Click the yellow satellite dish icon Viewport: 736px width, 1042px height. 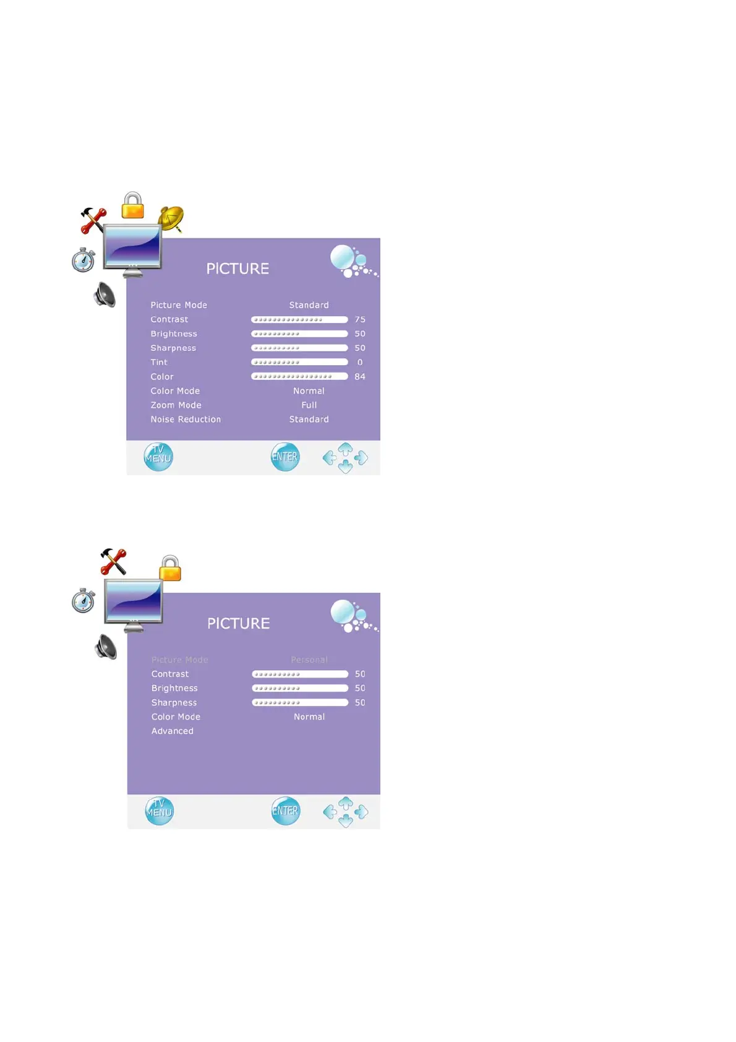[x=171, y=218]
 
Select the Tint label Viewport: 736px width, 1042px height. [x=159, y=363]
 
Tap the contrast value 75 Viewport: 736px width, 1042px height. [x=360, y=320]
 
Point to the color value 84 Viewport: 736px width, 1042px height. [x=360, y=377]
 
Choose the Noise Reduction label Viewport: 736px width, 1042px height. [x=186, y=420]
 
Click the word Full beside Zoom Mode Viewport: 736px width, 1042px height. [x=309, y=405]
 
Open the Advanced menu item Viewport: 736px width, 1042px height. [x=173, y=731]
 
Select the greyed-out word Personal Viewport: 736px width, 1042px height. [x=309, y=660]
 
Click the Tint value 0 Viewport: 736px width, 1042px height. [x=360, y=363]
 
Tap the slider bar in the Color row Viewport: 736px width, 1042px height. [x=299, y=377]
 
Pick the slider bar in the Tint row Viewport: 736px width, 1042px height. [x=299, y=363]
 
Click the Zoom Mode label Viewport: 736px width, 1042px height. [x=176, y=405]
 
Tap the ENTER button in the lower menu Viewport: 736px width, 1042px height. [x=286, y=811]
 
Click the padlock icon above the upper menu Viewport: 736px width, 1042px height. [x=133, y=205]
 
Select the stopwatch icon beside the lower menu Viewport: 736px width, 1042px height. [x=83, y=601]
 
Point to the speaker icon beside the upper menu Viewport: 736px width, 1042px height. [x=105, y=295]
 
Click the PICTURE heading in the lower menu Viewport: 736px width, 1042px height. [x=239, y=624]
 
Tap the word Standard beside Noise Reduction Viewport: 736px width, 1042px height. [x=309, y=420]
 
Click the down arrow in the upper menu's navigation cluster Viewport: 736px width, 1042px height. [x=346, y=468]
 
